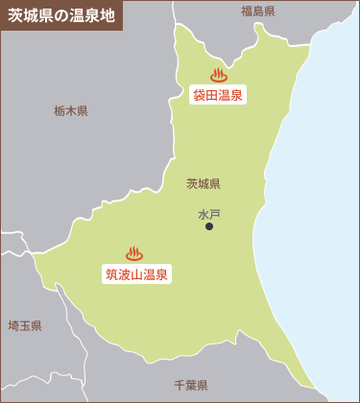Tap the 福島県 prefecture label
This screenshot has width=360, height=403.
tap(258, 12)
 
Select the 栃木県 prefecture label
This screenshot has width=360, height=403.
tap(71, 111)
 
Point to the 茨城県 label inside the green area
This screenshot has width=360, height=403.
tap(204, 183)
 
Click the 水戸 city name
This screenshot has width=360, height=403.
tap(209, 214)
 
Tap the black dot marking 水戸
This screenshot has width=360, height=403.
tap(209, 227)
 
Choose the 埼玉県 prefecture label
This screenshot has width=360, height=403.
tap(25, 326)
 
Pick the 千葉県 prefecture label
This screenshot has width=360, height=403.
tap(191, 385)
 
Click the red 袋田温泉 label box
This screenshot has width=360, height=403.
tap(218, 94)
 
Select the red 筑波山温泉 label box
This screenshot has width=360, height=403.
tap(136, 274)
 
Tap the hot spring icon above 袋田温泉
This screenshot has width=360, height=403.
tap(218, 74)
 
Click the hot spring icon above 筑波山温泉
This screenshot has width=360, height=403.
tap(134, 253)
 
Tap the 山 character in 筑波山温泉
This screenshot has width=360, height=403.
tap(136, 274)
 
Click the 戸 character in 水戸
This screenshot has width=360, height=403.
tap(215, 214)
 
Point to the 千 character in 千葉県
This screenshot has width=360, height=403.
tap(180, 385)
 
